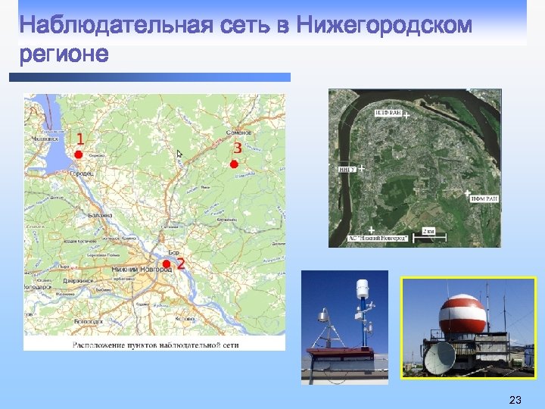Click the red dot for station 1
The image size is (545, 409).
pos(78,154)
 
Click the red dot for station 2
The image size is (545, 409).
pos(167,264)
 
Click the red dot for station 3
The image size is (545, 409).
pos(234,164)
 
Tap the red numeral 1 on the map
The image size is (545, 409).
pos(80,139)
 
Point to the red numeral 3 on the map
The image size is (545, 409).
pos(238,148)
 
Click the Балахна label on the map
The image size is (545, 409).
pos(100,215)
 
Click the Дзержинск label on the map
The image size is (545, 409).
pos(77,280)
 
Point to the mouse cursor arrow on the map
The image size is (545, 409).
pos(180,154)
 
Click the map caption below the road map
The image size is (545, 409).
pos(155,345)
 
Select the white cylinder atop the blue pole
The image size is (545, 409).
pos(363,289)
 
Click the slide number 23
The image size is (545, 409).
pos(515,399)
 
